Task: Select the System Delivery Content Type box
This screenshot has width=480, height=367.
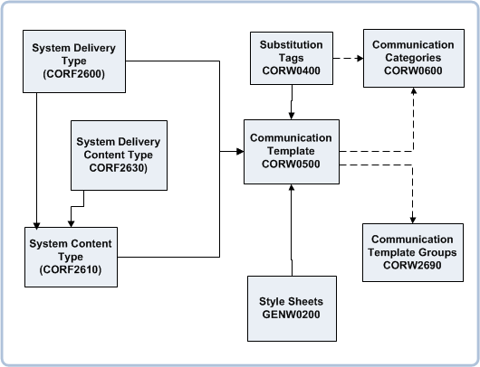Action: pos(118,155)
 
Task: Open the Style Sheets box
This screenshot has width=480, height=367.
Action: pos(291,307)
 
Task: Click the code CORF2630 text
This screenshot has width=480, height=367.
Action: pos(118,167)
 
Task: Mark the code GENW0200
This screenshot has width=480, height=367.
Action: pos(291,315)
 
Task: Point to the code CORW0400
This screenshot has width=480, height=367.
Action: pos(291,69)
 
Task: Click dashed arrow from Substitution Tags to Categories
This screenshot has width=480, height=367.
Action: pos(348,59)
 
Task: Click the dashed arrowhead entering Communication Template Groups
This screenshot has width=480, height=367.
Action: pos(413,218)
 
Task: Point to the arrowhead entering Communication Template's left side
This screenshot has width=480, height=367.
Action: pos(240,151)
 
